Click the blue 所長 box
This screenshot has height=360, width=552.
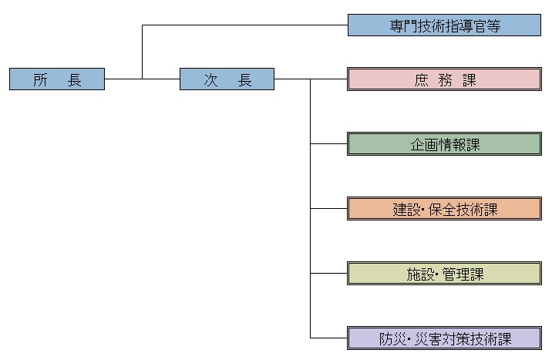pyautogui.click(x=57, y=79)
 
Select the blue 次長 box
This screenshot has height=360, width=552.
pyautogui.click(x=227, y=79)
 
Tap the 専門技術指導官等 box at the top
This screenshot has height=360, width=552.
pyautogui.click(x=444, y=25)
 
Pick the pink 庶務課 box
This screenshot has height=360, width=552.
pyautogui.click(x=444, y=79)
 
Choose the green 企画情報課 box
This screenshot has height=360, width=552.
pyautogui.click(x=444, y=144)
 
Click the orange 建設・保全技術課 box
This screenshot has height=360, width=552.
pyautogui.click(x=444, y=209)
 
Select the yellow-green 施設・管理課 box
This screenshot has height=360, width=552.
pyautogui.click(x=444, y=274)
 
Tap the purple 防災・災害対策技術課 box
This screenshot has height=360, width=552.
pyautogui.click(x=444, y=338)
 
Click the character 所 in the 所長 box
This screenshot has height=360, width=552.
pyautogui.click(x=41, y=79)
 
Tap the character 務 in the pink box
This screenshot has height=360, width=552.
pyautogui.click(x=445, y=79)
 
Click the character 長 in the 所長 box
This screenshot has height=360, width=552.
pyautogui.click(x=75, y=79)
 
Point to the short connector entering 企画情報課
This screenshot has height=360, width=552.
pyautogui.click(x=329, y=144)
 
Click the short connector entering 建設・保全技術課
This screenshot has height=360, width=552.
pyautogui.click(x=329, y=209)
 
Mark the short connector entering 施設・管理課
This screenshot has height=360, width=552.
pyautogui.click(x=329, y=274)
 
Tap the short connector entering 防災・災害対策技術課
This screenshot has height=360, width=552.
pyautogui.click(x=329, y=338)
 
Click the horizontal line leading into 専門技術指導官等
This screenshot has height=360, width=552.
pyautogui.click(x=247, y=25)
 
